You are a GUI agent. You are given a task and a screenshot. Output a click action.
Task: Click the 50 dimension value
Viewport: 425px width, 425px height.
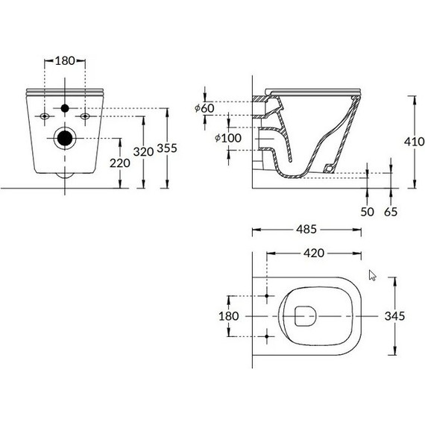[367, 212]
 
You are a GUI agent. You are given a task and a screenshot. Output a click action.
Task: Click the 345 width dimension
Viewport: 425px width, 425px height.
[394, 316]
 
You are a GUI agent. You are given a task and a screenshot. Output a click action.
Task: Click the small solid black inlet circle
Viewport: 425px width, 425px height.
[66, 107]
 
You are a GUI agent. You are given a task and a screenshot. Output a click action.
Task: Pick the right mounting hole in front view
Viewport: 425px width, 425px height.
[85, 117]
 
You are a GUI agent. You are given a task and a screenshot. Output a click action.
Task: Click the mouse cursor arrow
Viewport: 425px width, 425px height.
[372, 275]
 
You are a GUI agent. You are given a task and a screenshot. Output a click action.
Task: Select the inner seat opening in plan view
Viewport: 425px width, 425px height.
[305, 316]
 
